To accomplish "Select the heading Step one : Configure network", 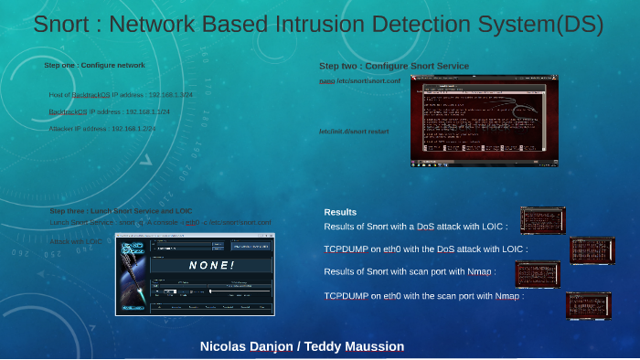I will [x=94, y=65].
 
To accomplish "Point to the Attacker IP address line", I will [x=101, y=129].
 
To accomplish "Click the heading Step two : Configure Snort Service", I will [x=393, y=66].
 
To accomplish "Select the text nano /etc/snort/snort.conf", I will [x=359, y=81].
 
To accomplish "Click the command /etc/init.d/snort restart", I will [x=354, y=132].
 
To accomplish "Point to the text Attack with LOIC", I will [x=76, y=241].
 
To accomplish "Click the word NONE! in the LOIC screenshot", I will [x=211, y=265].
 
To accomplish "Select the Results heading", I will [x=340, y=212].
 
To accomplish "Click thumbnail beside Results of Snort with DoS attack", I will [x=542, y=220].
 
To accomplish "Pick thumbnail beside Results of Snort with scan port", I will [x=537, y=273].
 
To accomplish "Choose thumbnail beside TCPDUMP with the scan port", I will [x=588, y=305].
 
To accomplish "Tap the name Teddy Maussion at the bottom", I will [x=353, y=347].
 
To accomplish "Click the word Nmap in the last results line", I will [x=508, y=296].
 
